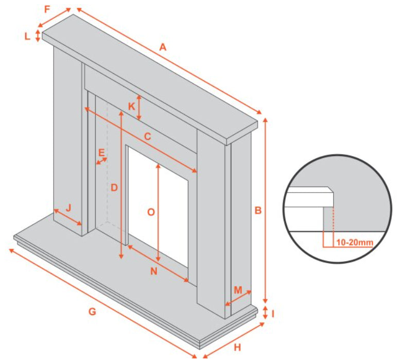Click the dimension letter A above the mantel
163,47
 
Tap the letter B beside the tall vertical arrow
258,211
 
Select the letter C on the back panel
148,137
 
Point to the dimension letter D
114,188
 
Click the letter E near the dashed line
101,153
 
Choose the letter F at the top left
47,9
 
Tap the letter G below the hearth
92,312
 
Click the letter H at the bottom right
237,348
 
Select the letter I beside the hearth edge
273,314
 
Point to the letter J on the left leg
68,208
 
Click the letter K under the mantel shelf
131,107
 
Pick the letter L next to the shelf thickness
27,37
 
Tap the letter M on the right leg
238,290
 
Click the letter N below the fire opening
153,271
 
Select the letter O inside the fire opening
151,212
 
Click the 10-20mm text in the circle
355,243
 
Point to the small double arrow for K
139,108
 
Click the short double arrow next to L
38,36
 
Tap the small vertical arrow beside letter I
265,313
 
